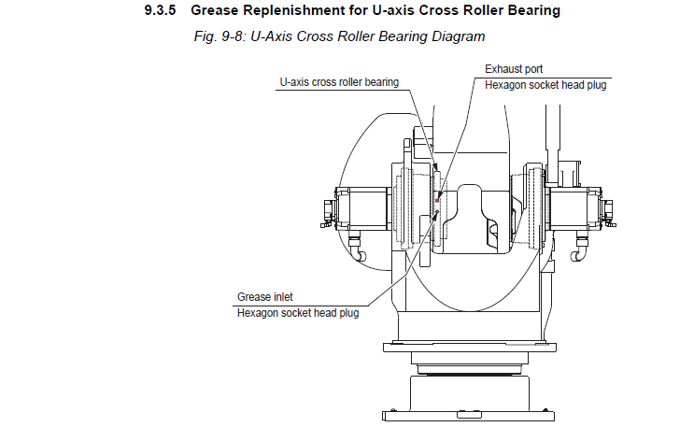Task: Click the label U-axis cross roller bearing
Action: [x=339, y=82]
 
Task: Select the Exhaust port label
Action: [x=513, y=69]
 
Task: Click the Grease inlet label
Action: [x=265, y=297]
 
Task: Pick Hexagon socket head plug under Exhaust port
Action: [x=547, y=84]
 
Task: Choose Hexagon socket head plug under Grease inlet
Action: [x=298, y=312]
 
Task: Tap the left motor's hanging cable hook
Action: [x=356, y=248]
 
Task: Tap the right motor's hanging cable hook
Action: [x=580, y=249]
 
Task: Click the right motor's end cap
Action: [x=610, y=212]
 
